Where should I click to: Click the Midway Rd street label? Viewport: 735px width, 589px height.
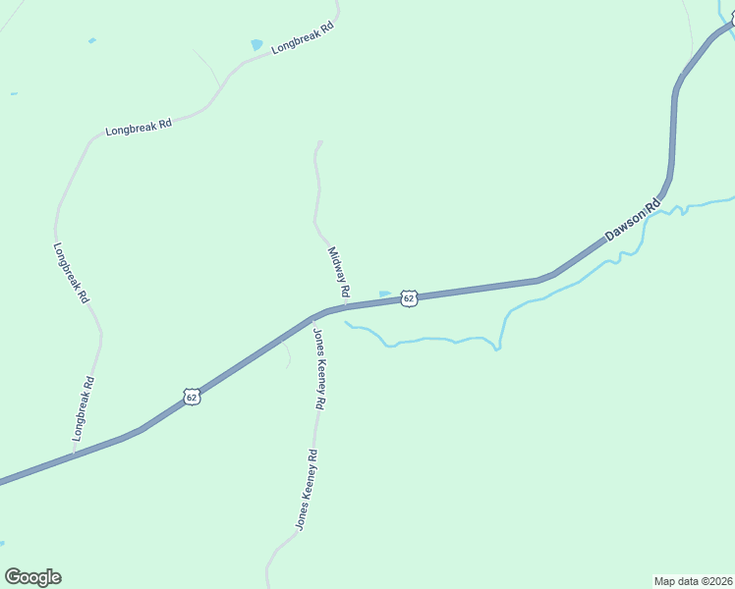[339, 272]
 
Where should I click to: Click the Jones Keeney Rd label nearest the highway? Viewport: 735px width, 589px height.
[319, 369]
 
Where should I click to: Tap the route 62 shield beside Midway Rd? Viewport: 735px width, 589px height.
[410, 296]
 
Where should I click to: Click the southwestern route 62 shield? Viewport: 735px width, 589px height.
[193, 396]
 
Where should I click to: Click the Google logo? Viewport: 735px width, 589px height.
[32, 577]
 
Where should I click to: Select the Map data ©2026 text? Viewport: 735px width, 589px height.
[693, 580]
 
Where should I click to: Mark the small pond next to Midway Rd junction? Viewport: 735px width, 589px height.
[385, 293]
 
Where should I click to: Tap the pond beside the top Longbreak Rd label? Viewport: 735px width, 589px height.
[257, 44]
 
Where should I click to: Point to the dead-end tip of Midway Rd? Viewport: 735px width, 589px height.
[318, 143]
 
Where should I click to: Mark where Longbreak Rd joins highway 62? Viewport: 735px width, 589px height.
[73, 455]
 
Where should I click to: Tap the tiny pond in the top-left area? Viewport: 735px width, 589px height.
[92, 40]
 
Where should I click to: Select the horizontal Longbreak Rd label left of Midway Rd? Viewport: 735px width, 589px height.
[139, 127]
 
